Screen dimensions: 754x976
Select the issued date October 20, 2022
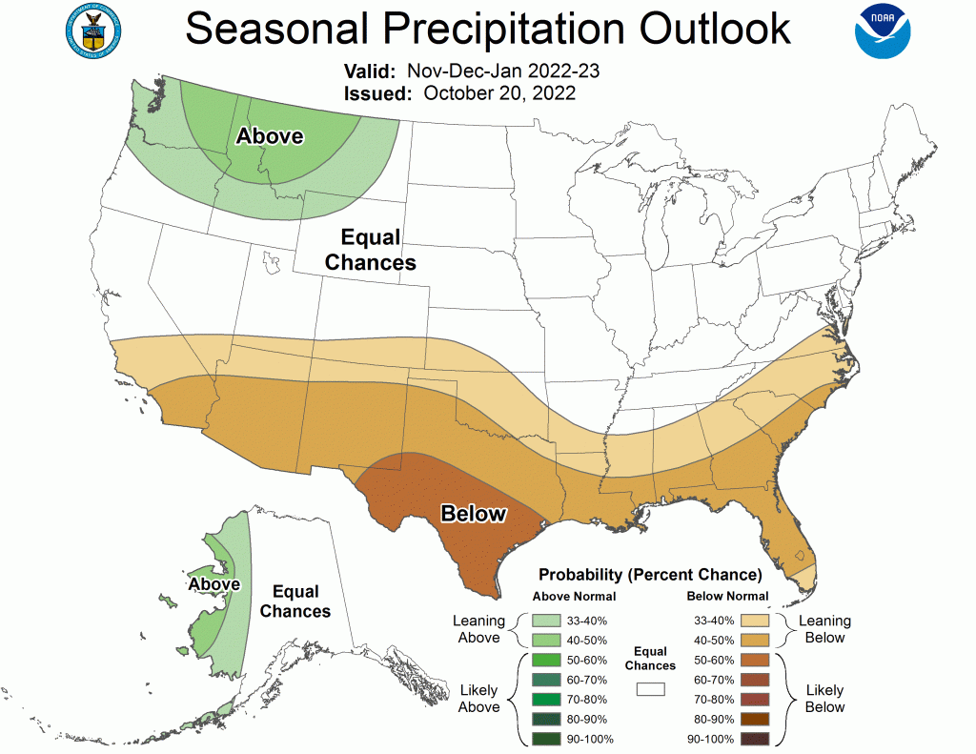tap(498, 93)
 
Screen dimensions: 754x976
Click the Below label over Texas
tap(473, 514)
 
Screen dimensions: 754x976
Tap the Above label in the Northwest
tap(270, 136)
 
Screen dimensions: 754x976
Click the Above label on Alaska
tap(213, 583)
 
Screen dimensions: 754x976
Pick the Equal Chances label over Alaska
tap(295, 601)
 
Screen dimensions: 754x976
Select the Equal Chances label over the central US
tap(371, 250)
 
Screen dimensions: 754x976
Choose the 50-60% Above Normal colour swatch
tap(548, 660)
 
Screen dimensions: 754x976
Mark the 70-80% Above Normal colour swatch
tap(548, 700)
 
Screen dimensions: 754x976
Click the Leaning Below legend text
tap(824, 629)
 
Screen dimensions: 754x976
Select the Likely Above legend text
tap(478, 698)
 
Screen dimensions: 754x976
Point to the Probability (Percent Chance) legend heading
tap(650, 575)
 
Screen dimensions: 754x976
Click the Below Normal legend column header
tap(727, 597)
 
